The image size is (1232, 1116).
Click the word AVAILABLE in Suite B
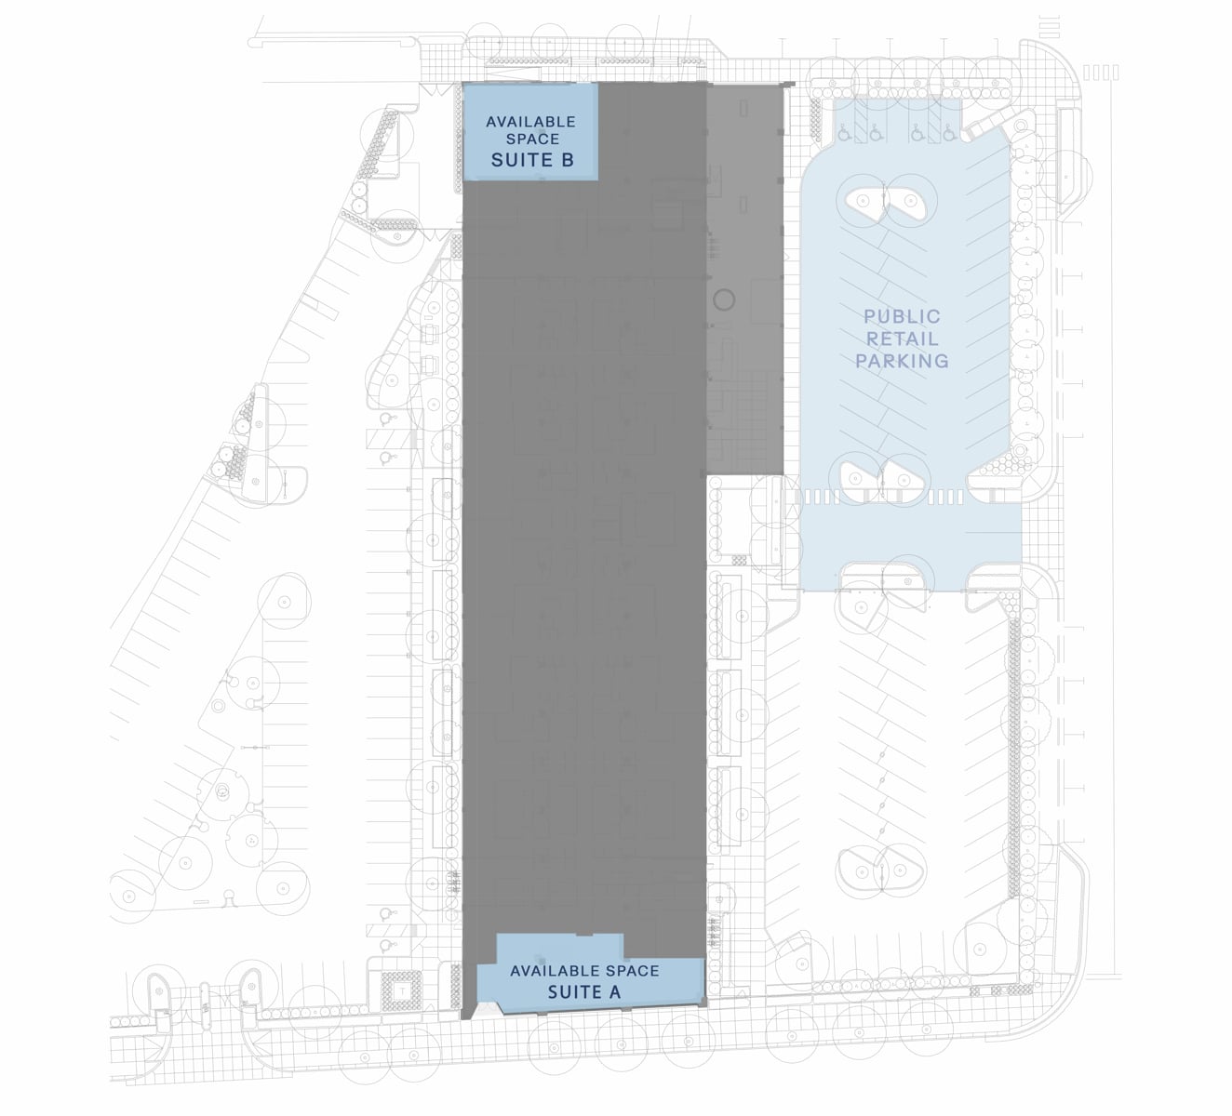(530, 122)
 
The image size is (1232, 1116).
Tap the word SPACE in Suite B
(533, 139)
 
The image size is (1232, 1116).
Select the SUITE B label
(531, 160)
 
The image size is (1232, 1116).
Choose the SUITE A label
(583, 992)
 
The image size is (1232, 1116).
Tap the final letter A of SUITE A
(614, 992)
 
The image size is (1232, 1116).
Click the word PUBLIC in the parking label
(902, 317)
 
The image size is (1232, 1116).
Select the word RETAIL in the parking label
(902, 339)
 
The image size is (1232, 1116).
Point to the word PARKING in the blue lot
(902, 361)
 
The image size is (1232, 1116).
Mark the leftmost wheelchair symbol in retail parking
(843, 134)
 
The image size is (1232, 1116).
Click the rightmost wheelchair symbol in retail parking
(948, 134)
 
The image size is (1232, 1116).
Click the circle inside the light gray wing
(723, 300)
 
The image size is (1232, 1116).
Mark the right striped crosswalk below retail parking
(944, 498)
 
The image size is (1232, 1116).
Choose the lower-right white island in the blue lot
(903, 478)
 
